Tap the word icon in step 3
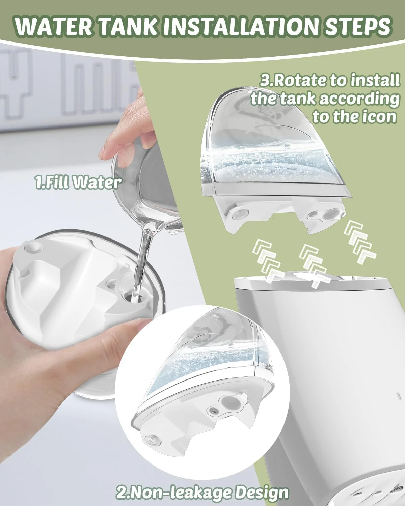click(379, 117)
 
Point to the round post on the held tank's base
click(33, 247)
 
